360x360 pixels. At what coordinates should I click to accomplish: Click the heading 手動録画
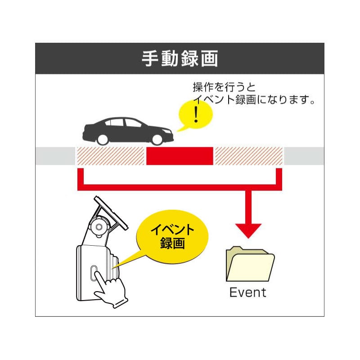tap(180, 58)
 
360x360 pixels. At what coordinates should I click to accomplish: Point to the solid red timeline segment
tap(180, 156)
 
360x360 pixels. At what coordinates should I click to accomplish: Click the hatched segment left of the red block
tap(110, 156)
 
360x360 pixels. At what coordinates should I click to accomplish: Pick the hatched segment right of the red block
tap(249, 156)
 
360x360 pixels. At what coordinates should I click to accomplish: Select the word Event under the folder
tap(247, 292)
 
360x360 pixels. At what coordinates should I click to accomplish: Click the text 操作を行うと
tap(224, 87)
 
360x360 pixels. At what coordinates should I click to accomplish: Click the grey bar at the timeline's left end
tap(55, 156)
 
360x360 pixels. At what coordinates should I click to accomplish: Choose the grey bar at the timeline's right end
tap(304, 156)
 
